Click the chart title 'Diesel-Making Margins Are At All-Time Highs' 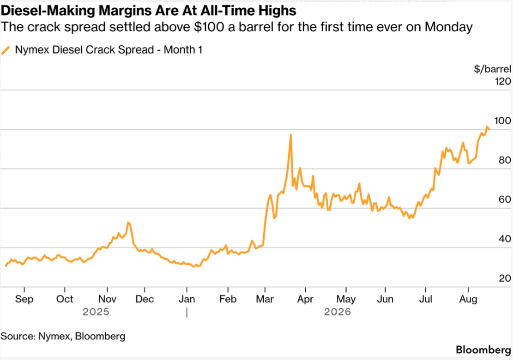point(149,11)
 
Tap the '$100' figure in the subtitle point(209,27)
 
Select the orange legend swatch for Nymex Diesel point(6,50)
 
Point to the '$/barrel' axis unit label point(492,69)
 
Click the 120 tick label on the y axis point(503,81)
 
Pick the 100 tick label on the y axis point(502,121)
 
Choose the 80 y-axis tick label point(505,160)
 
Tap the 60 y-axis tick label point(505,199)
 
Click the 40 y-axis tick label point(505,239)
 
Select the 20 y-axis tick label point(505,278)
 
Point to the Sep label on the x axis point(24,299)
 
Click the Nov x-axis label point(107,299)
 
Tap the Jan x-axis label point(187,299)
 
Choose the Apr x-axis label point(305,299)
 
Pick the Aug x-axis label point(468,299)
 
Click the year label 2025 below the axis point(96,312)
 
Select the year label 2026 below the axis point(337,312)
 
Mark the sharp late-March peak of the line point(290,135)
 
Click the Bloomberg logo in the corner point(483,350)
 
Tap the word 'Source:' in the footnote point(18,337)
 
